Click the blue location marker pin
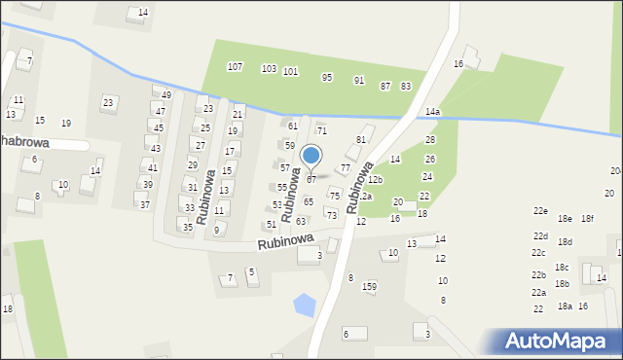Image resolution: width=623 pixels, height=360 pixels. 311,156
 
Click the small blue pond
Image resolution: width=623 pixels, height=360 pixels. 305,305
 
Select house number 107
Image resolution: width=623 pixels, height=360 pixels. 235,66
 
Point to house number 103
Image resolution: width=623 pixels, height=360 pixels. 269,68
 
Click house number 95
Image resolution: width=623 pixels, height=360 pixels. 327,77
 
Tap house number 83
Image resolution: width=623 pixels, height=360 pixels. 406,87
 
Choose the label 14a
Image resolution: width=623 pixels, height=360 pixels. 432,112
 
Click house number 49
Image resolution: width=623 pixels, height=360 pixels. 166,94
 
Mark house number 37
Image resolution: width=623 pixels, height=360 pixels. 144,204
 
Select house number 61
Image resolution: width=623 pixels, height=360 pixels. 293,126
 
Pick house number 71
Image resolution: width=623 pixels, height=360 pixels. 321,130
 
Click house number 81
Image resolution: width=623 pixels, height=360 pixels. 360,139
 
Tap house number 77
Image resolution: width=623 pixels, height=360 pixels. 345,168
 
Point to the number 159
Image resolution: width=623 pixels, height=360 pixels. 369,286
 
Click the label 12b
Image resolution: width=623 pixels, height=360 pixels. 376,180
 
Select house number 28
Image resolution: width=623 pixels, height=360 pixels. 430,140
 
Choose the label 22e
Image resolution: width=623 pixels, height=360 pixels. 540,211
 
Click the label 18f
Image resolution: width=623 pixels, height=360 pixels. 588,218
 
